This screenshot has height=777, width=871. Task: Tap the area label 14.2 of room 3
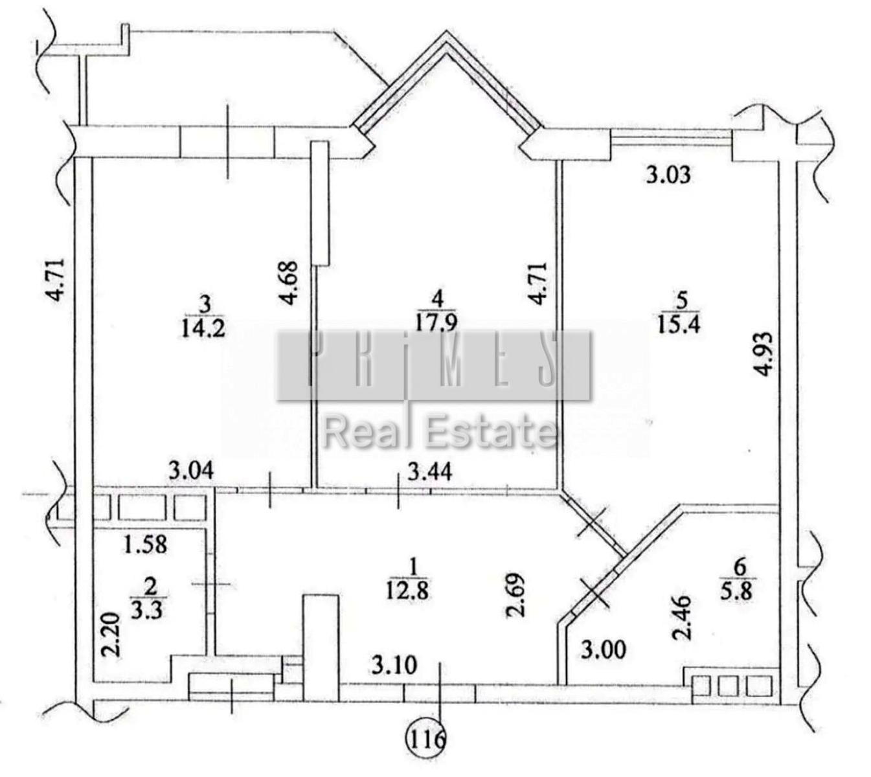(203, 329)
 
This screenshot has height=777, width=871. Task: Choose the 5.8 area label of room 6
(741, 591)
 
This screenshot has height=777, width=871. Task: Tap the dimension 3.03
(668, 175)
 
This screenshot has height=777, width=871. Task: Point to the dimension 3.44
(430, 473)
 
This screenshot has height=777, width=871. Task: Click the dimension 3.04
(191, 470)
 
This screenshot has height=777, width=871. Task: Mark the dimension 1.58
(145, 545)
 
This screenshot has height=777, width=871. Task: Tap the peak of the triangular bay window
(446, 31)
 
